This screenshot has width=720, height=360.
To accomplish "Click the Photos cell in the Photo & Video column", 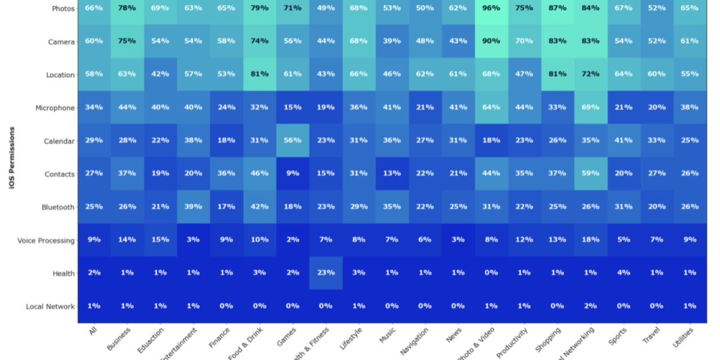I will click(x=491, y=8).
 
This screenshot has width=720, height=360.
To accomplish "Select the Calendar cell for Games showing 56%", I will click(x=292, y=141).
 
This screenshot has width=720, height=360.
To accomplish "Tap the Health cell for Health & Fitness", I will click(x=326, y=273).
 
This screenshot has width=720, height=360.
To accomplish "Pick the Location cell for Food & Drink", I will click(x=259, y=74).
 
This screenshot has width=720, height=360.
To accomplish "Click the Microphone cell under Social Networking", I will click(x=590, y=107).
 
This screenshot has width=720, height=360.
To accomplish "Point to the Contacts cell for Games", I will click(x=292, y=174).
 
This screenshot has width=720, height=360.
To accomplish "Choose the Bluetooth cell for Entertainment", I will click(x=193, y=207).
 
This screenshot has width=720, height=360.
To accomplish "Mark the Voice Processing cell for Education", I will click(x=160, y=240).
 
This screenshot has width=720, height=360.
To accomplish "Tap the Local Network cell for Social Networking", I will click(x=590, y=306).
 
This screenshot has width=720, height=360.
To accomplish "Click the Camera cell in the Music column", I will click(x=391, y=41).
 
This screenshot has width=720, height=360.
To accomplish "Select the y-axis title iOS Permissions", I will click(x=12, y=165).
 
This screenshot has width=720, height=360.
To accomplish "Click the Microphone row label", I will click(x=55, y=108).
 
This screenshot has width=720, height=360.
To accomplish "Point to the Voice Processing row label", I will click(x=46, y=241).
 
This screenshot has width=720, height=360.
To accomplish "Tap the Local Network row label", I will click(x=50, y=307).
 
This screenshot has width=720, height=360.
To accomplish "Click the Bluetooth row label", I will click(x=57, y=208).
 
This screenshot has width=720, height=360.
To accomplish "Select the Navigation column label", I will click(x=415, y=341).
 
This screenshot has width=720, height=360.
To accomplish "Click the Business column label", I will click(x=118, y=339).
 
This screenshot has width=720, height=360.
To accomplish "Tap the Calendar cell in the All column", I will click(x=94, y=141).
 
